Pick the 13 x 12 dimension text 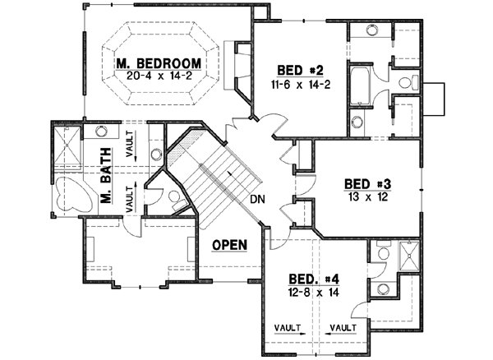366,196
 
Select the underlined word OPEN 230,245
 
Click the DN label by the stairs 256,200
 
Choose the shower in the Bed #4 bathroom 408,257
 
